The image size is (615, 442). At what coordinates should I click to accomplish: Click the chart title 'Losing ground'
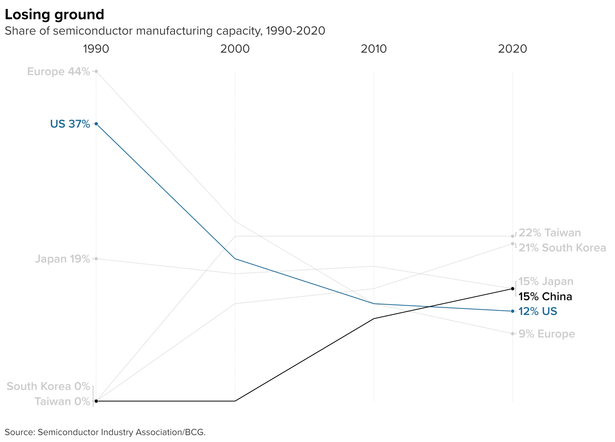(x=54, y=15)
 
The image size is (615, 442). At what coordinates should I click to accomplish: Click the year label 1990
(x=96, y=49)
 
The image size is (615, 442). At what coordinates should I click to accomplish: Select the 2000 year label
(x=235, y=49)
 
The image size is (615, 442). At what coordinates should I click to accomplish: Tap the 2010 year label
(x=374, y=49)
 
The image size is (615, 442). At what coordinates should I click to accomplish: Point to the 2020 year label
(x=512, y=49)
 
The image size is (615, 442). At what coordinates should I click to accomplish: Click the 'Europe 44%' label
(x=59, y=71)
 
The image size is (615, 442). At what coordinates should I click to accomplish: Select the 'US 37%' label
(x=70, y=124)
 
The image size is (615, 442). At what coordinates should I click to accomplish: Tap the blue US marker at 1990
(x=96, y=124)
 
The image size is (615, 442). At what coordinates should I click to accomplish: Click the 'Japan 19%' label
(x=62, y=259)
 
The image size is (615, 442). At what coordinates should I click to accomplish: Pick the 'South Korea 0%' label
(x=48, y=386)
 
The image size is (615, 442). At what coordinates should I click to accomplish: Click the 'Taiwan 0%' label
(x=62, y=401)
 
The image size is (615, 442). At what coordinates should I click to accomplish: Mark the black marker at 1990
(x=96, y=401)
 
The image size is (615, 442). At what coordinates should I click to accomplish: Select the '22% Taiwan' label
(x=550, y=233)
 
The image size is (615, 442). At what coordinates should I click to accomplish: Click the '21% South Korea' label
(x=562, y=248)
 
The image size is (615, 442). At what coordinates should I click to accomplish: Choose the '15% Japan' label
(x=546, y=281)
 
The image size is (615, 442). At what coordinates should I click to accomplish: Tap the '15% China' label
(x=545, y=297)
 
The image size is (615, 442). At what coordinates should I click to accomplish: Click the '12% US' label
(x=538, y=311)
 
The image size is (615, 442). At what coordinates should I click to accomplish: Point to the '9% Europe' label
(x=547, y=334)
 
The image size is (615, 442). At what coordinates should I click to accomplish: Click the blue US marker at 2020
(x=513, y=311)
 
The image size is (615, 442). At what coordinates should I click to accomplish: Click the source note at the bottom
(x=105, y=432)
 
